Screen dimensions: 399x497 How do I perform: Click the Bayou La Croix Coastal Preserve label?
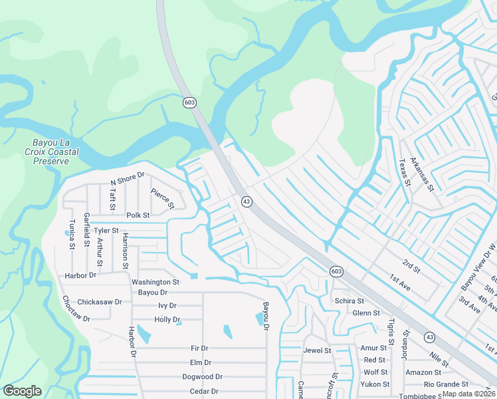point(56,152)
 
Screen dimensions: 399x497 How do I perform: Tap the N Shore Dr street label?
point(127,178)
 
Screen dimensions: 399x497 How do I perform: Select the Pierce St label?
point(161,198)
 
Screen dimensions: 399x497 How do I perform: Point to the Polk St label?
point(138,215)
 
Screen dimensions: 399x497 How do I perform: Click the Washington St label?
point(155,282)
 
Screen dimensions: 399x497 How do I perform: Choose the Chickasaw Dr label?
point(100,301)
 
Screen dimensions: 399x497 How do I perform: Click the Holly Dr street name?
point(167,320)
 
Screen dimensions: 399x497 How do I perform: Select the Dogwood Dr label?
point(197,377)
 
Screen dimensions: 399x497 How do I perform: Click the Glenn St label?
point(366,313)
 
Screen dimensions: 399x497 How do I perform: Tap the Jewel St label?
point(317,350)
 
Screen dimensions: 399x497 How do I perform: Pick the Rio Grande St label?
point(447,384)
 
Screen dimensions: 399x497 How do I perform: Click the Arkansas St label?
point(421,174)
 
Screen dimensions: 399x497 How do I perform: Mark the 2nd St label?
point(412,267)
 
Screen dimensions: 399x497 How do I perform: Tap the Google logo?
point(22,391)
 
